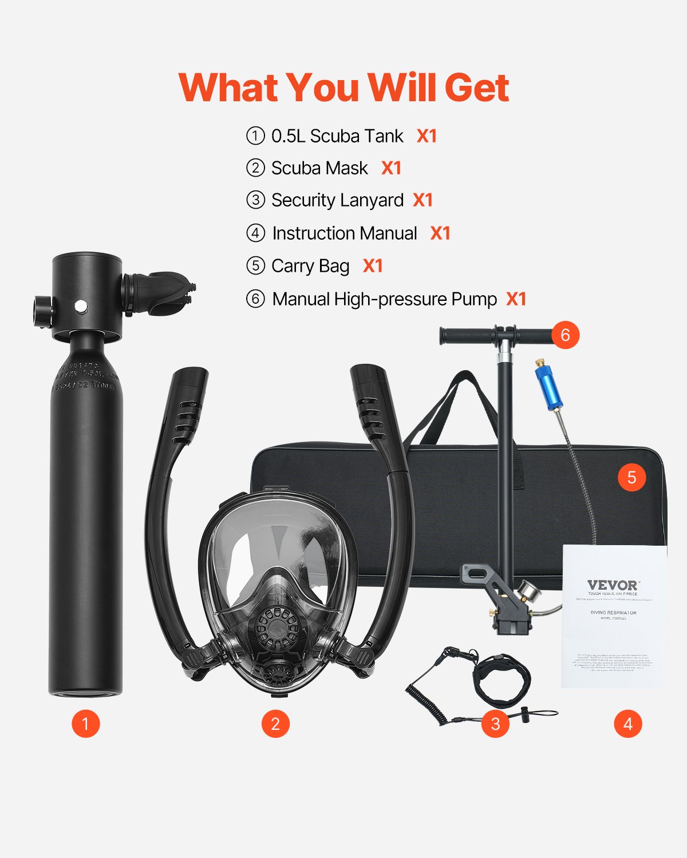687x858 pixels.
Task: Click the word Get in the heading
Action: pos(476,88)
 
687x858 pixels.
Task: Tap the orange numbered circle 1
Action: pos(85,724)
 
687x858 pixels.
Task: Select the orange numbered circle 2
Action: pos(275,724)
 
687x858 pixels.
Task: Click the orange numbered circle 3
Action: pos(495,724)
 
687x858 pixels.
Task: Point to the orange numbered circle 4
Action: pos(628,724)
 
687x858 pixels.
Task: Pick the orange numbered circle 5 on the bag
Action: pos(631,478)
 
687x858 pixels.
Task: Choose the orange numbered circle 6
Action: pos(565,335)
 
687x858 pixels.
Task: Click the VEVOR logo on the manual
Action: pos(612,585)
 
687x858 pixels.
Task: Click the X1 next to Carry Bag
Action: pos(373,266)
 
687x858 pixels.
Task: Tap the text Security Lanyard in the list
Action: pos(337,200)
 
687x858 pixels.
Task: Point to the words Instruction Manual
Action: pos(345,233)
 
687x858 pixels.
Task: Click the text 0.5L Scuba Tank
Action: pos(337,136)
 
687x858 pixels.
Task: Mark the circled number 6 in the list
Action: pos(255,299)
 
